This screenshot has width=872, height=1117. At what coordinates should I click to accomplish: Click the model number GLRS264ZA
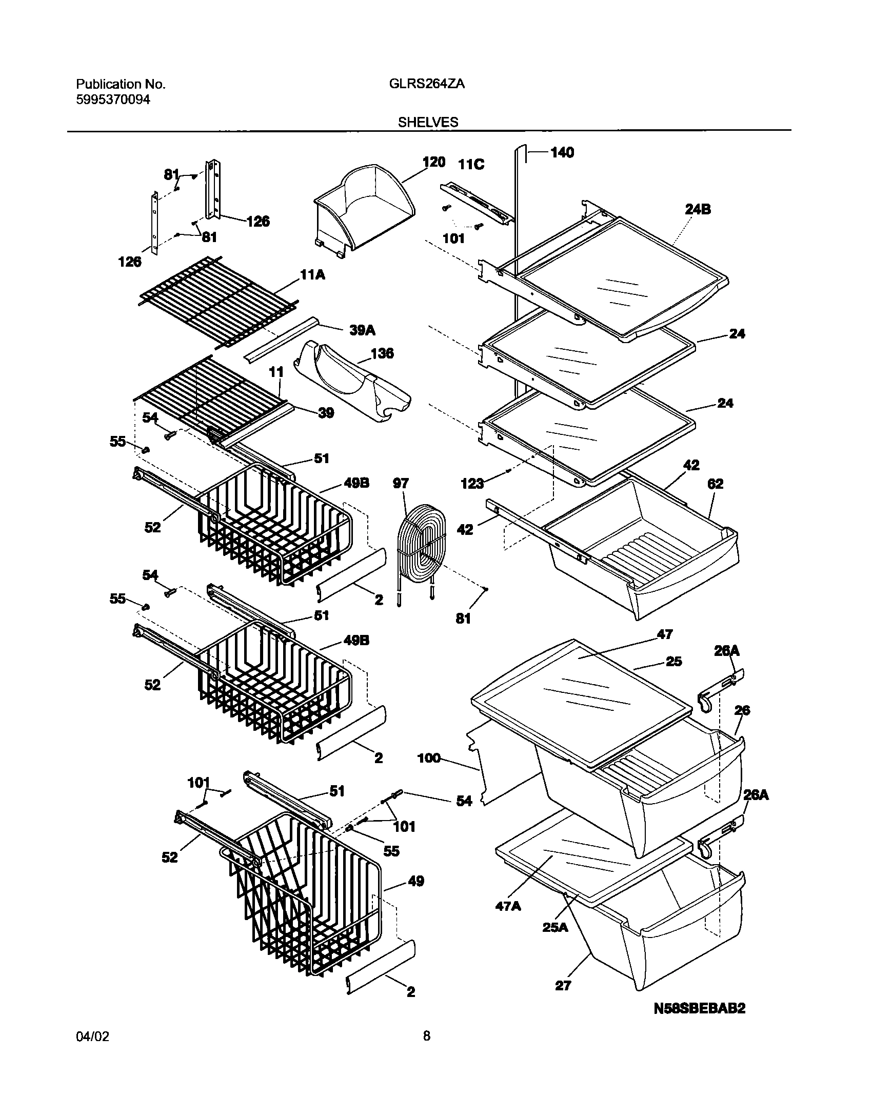click(423, 84)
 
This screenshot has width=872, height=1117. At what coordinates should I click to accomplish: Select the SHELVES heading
click(427, 122)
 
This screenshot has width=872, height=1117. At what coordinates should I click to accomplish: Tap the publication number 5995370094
click(113, 100)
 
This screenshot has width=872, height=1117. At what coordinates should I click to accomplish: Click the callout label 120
click(433, 162)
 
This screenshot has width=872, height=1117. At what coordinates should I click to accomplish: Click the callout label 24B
click(698, 209)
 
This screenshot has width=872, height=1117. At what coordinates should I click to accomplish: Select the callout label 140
click(562, 152)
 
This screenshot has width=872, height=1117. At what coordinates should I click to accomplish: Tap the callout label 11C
click(471, 165)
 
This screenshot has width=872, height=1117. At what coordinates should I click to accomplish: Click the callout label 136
click(382, 353)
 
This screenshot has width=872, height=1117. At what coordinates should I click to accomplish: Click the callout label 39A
click(362, 330)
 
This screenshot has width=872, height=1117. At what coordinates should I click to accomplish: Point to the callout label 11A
click(312, 275)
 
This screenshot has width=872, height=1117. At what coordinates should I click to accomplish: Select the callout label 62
click(715, 484)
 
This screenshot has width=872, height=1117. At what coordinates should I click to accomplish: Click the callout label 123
click(472, 483)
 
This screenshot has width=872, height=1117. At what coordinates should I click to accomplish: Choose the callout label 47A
click(508, 906)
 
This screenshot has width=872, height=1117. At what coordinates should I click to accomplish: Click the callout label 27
click(563, 985)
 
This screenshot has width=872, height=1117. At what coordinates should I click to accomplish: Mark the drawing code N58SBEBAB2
click(699, 1022)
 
